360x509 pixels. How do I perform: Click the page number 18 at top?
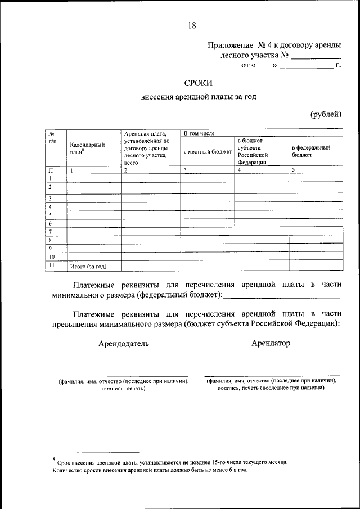[192, 25]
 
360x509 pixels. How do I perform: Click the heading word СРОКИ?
[197, 83]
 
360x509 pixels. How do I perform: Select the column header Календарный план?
[87, 148]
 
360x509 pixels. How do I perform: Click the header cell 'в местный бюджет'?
[207, 152]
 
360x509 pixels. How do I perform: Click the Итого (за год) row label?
[88, 266]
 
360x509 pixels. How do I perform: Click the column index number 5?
[293, 169]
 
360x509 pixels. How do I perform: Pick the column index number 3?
[184, 169]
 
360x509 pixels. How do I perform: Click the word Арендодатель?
[123, 344]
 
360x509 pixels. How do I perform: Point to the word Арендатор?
[271, 343]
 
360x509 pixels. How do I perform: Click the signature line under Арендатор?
[272, 375]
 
